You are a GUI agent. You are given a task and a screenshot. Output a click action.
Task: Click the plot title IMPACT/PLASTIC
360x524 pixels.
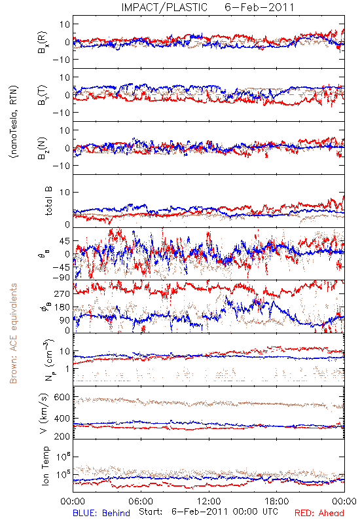[164, 7]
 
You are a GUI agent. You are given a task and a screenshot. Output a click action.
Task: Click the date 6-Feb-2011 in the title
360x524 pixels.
[259, 7]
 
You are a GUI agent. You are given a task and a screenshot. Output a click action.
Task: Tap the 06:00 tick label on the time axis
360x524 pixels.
[141, 501]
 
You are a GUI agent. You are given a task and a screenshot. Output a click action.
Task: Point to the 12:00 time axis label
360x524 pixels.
[209, 501]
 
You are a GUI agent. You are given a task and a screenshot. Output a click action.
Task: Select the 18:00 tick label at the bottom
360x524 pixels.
[277, 501]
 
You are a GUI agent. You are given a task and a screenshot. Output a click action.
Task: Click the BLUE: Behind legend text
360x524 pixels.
[101, 513]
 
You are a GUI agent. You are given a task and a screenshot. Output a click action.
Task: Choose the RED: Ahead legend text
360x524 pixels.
[319, 513]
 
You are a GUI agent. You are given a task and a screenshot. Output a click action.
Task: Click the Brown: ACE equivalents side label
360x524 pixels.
[13, 333]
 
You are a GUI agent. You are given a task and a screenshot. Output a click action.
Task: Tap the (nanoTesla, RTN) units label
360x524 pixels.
[14, 121]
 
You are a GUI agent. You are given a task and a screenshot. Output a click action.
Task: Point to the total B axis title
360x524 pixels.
[48, 201]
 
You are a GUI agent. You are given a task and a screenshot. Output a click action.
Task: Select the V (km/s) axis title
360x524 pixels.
[44, 413]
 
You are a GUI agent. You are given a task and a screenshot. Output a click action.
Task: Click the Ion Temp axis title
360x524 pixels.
[45, 466]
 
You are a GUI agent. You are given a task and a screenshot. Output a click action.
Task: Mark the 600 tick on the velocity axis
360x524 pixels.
[62, 397]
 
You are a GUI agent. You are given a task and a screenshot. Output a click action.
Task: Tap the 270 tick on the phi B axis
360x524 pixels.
[62, 293]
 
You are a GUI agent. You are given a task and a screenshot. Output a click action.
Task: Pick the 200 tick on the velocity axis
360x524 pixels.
[62, 436]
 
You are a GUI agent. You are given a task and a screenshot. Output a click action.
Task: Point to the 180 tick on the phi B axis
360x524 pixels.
[62, 307]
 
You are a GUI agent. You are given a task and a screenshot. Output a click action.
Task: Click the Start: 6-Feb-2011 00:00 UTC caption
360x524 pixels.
[208, 512]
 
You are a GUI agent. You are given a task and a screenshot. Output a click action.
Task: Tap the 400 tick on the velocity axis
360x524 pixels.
[62, 418]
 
